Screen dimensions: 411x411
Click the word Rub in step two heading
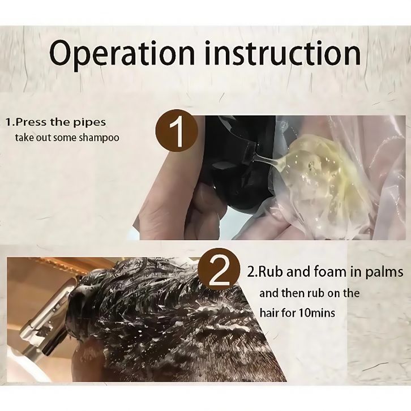pos(269,272)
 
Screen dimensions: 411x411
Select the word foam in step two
pos(329,272)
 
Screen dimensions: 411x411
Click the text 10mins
pos(316,313)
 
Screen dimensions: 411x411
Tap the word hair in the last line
pos(268,312)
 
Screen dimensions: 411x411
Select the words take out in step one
pos(33,138)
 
